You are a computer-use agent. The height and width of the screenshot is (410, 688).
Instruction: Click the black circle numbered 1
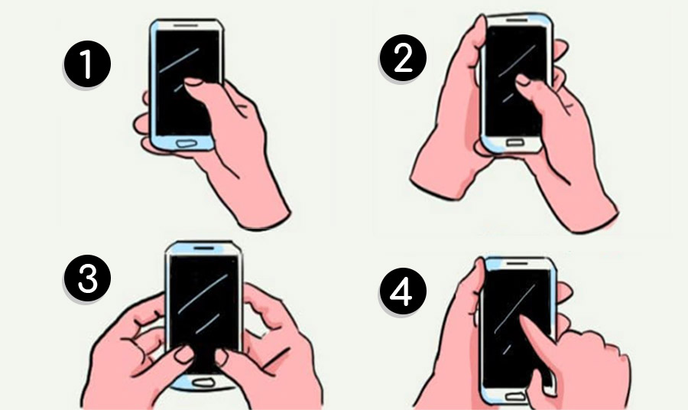point(87,64)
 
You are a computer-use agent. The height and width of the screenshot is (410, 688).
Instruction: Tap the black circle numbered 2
point(402,58)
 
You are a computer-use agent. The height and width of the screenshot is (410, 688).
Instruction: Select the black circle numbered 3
point(87,278)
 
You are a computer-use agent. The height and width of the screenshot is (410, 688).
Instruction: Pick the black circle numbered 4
point(402,291)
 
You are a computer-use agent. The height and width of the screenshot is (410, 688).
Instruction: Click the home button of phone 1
point(187,144)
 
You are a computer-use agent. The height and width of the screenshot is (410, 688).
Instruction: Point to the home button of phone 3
point(203,382)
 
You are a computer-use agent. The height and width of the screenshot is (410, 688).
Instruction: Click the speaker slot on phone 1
point(186,25)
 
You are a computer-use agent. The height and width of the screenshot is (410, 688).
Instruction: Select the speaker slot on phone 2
point(518,20)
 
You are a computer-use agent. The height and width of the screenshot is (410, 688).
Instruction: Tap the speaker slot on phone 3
point(203,248)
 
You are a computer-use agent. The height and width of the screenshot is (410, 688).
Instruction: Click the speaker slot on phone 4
point(518,263)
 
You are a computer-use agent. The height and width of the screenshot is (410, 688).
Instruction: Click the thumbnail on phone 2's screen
point(523,80)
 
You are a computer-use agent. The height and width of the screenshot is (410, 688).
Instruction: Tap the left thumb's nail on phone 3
point(184,354)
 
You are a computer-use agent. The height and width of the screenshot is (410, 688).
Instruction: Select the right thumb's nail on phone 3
point(221,357)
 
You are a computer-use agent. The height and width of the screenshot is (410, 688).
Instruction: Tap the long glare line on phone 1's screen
point(179,60)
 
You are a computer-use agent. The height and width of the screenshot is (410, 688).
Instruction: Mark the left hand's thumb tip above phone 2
point(480,22)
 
